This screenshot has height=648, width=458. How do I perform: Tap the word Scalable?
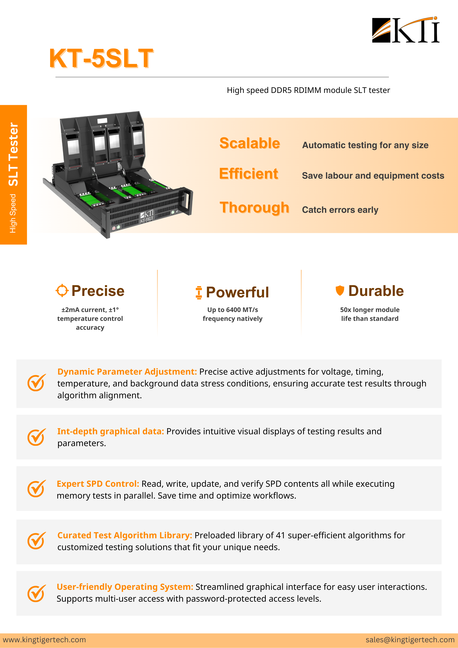coord(250,143)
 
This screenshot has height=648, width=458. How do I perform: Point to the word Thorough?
coord(254,208)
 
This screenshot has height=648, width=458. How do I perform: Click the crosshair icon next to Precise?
coord(62,290)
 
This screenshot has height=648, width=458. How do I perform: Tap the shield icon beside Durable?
coord(340,290)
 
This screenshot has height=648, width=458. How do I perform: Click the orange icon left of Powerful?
coord(199,292)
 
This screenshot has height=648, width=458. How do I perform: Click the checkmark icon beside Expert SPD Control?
coord(36,489)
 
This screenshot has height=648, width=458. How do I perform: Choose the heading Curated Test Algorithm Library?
coord(125,535)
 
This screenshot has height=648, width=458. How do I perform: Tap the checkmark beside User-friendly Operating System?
coord(36,593)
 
